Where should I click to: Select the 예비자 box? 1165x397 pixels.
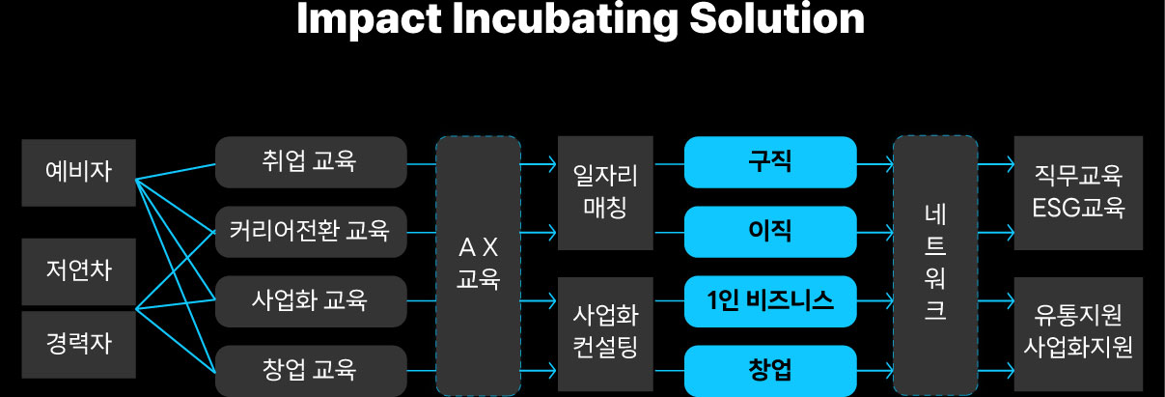78,172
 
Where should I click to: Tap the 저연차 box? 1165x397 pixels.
78,270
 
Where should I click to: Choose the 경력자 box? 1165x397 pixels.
78,344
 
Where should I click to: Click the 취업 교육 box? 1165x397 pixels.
310,161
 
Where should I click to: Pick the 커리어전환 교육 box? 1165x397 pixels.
310,231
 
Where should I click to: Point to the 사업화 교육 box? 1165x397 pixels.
310,300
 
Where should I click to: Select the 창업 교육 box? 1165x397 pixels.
310,370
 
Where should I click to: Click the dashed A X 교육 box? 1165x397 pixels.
478,265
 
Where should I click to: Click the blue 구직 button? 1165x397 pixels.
770,161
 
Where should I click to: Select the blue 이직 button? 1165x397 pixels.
770,231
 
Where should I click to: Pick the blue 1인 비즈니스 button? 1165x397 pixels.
770,300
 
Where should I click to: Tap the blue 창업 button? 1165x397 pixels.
770,370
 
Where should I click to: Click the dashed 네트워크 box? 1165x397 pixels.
934,265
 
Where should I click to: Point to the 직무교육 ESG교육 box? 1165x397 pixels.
1077,193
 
